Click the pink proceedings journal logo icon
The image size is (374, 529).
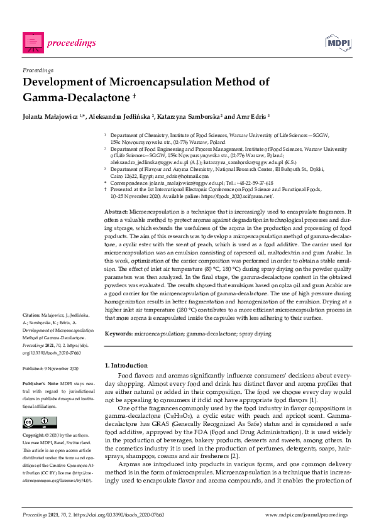pos(33,42)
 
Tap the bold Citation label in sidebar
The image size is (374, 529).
pos(31,314)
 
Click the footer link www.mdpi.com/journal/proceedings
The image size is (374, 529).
pos(307,515)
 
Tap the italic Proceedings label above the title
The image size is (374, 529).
pos(38,70)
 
